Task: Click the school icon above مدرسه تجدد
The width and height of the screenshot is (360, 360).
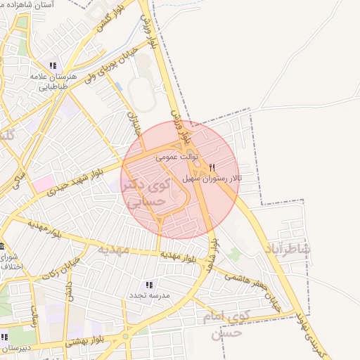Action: click(149, 285)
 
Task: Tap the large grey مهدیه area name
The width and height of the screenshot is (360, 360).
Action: click(113, 249)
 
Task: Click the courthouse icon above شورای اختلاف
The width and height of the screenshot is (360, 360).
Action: click(3, 247)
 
